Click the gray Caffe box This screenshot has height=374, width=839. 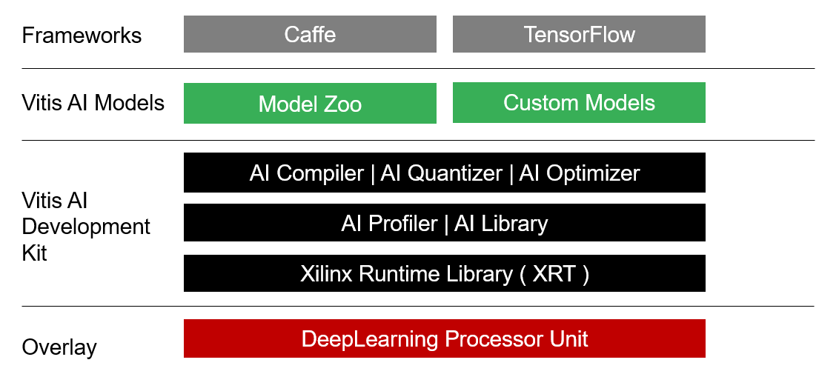310,34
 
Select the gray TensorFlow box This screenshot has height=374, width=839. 579,34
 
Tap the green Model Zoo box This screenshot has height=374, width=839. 310,103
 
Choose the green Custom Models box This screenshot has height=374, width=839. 579,103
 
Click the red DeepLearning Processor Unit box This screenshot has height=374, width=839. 445,338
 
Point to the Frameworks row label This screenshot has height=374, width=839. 82,36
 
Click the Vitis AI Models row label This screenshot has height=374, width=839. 93,102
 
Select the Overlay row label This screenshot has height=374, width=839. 59,347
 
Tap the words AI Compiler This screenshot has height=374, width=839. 307,173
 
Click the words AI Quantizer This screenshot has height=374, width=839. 442,173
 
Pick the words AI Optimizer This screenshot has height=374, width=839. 580,173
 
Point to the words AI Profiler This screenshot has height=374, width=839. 390,224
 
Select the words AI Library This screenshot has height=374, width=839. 501,224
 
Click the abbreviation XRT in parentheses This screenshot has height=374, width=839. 553,274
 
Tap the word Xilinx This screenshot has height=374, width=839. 326,274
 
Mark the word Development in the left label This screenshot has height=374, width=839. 86,227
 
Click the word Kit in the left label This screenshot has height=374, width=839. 35,253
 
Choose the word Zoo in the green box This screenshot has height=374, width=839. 339,104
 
